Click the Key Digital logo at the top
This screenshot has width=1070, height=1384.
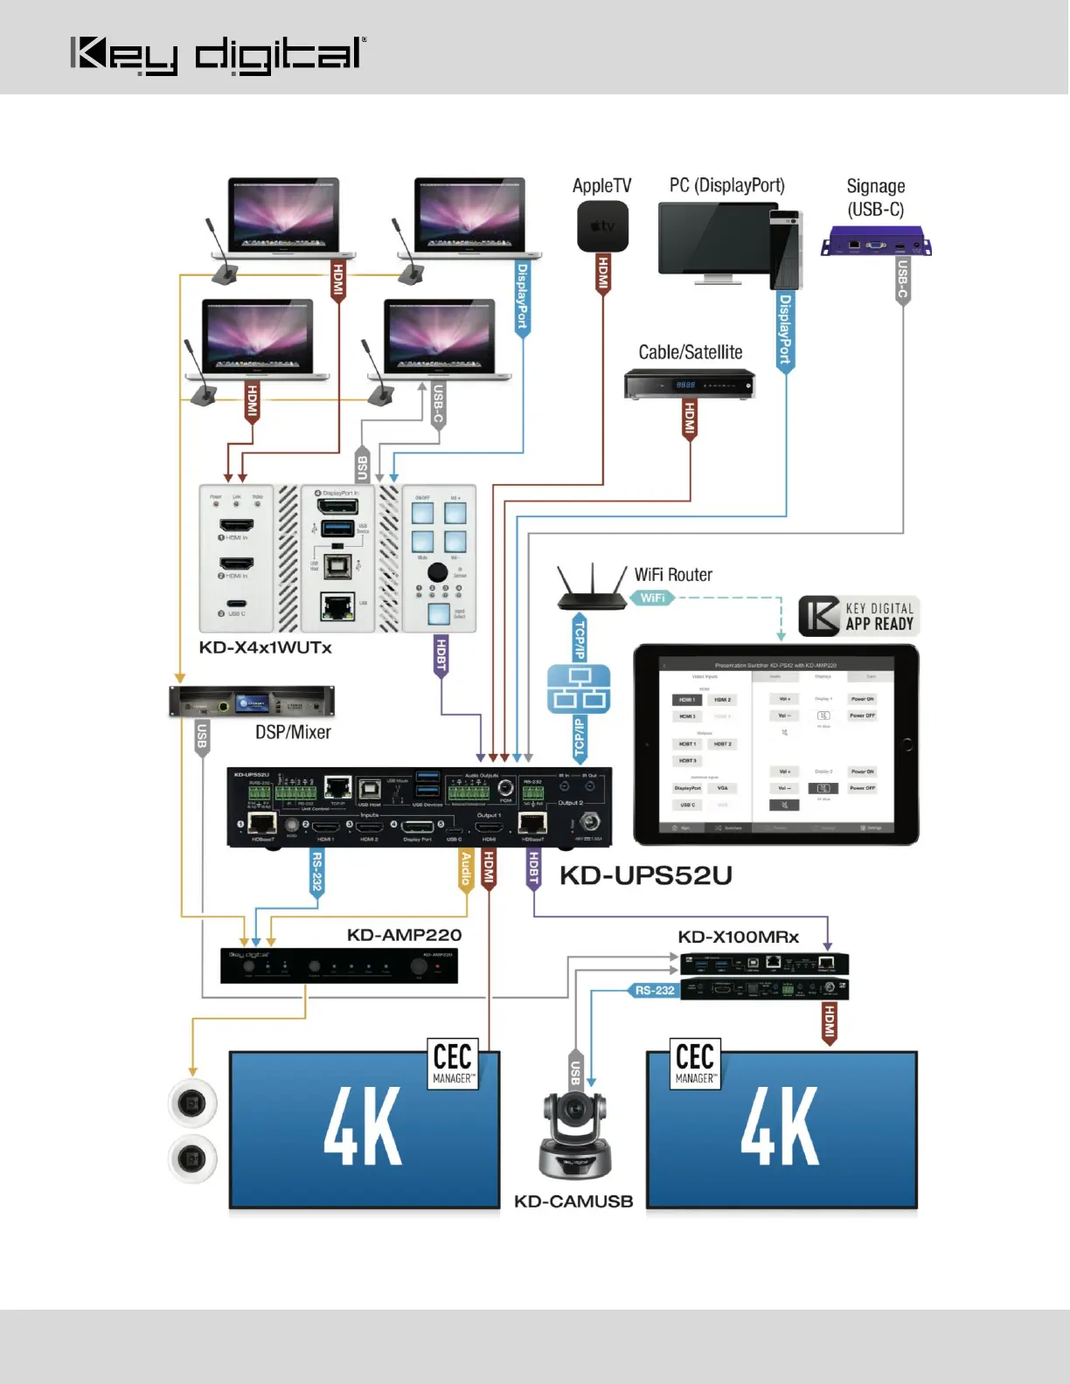coord(218,55)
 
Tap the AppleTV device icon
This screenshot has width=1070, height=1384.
coord(602,225)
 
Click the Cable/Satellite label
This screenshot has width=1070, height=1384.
coord(690,352)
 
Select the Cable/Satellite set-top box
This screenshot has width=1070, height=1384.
coord(689,384)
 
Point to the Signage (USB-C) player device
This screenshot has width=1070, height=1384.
coord(875,240)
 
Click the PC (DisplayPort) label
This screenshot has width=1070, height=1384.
coord(726,185)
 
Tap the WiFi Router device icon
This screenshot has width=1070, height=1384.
coord(592,588)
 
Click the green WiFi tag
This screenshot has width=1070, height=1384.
coord(652,599)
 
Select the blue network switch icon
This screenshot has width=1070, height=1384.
coord(579,689)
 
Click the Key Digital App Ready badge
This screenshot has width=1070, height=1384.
coord(858,616)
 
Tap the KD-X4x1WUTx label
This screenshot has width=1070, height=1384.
coord(265,647)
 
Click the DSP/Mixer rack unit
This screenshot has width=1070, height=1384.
coord(252,702)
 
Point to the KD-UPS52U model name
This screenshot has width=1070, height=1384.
coord(645,875)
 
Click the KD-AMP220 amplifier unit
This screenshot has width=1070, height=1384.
coord(339,965)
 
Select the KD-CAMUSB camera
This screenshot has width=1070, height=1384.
coord(574,1133)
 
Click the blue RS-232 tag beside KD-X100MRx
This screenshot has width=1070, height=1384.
coord(655,990)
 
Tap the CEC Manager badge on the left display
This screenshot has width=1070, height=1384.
coord(453,1062)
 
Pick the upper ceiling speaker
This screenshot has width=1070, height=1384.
coord(192,1103)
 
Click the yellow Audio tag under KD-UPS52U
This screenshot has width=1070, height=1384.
coord(466,869)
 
